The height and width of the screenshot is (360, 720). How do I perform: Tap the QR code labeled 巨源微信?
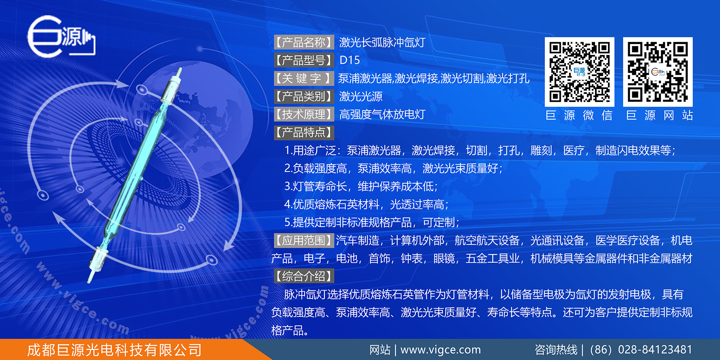pyautogui.click(x=579, y=72)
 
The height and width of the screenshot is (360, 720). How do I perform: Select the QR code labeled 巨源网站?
pyautogui.click(x=658, y=72)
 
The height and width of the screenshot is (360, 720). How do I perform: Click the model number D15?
pyautogui.click(x=350, y=60)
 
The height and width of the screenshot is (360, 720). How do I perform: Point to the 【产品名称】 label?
pyautogui.click(x=304, y=42)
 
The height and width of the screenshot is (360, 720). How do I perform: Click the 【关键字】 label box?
pyautogui.click(x=304, y=78)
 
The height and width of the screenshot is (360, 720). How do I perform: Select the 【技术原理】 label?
pyautogui.click(x=304, y=114)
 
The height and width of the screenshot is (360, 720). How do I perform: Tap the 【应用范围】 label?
pyautogui.click(x=304, y=240)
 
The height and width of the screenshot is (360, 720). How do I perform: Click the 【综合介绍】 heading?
pyautogui.click(x=304, y=276)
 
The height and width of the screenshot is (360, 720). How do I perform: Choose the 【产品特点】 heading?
pyautogui.click(x=304, y=132)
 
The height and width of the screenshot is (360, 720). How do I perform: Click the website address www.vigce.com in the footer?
pyautogui.click(x=440, y=350)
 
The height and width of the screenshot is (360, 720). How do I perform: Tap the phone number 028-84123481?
pyautogui.click(x=655, y=350)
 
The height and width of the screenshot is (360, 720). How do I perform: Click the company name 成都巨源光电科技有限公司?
pyautogui.click(x=114, y=350)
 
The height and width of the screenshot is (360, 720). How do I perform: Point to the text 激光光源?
pyautogui.click(x=361, y=96)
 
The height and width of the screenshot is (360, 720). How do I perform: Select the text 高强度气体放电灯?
pyautogui.click(x=382, y=114)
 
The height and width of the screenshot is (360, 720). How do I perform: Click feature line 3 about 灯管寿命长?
pyautogui.click(x=361, y=186)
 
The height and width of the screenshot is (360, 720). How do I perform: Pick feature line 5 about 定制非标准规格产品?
pyautogui.click(x=372, y=222)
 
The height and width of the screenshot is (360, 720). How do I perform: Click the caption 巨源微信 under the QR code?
pyautogui.click(x=579, y=116)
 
